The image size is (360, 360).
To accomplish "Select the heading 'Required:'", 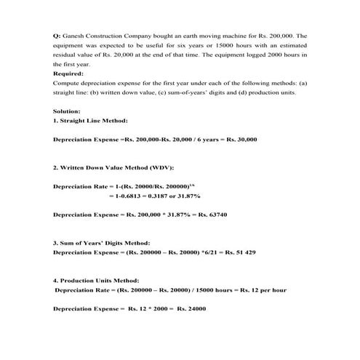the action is (x=68, y=73).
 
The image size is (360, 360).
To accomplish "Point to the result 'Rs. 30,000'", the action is (x=241, y=139).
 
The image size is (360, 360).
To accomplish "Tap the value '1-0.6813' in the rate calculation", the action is (x=126, y=196).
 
